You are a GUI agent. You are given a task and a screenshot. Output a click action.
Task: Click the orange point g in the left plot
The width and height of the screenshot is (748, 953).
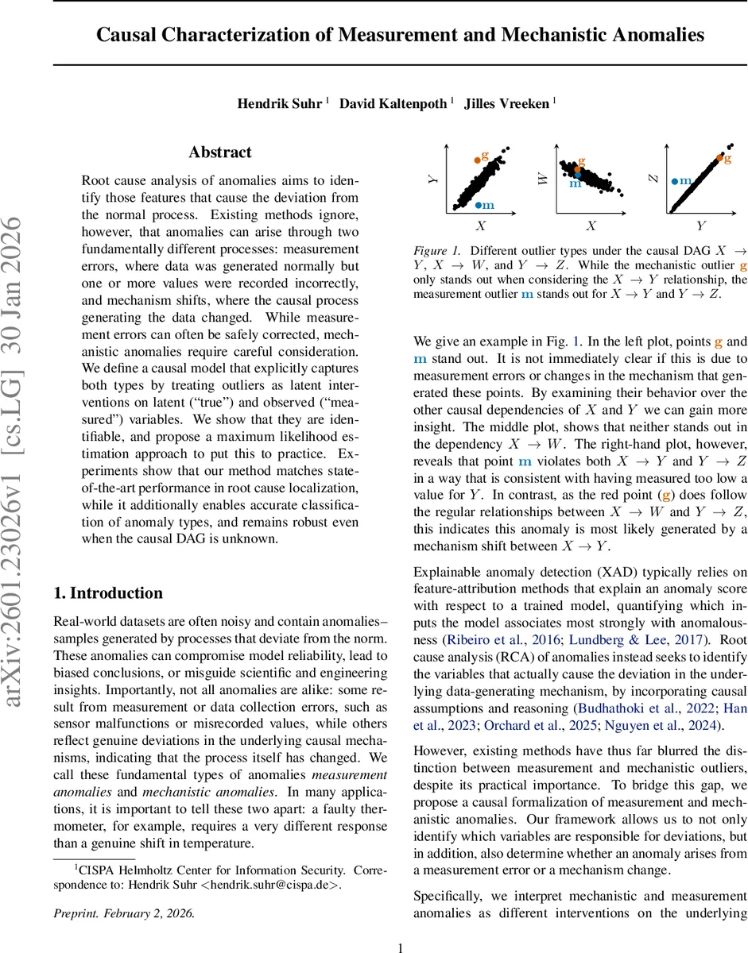click(477, 160)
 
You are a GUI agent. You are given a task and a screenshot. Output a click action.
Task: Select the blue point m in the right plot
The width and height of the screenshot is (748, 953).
click(675, 181)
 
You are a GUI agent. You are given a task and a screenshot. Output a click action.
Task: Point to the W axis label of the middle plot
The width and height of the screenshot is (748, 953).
click(544, 179)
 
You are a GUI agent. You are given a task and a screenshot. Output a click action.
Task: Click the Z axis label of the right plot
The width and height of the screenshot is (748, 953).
click(653, 179)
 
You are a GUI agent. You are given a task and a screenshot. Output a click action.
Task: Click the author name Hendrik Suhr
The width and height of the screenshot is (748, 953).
click(279, 104)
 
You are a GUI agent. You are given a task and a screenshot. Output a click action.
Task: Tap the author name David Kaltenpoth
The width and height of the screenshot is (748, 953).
click(393, 104)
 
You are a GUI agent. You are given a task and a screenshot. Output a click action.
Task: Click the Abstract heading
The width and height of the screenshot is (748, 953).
click(220, 152)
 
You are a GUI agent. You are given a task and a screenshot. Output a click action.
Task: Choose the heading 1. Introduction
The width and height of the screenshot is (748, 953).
click(107, 571)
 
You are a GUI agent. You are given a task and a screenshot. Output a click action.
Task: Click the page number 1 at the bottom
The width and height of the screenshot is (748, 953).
click(401, 947)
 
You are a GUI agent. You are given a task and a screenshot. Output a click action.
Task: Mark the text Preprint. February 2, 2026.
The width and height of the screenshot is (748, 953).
click(123, 912)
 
